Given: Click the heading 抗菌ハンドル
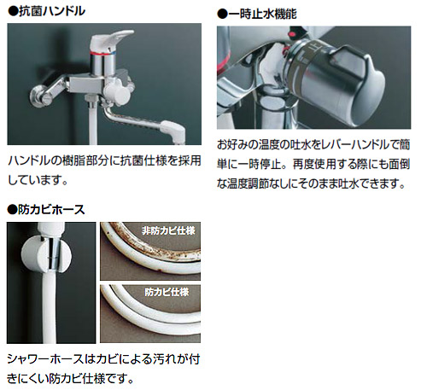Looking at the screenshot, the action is click(x=51, y=11).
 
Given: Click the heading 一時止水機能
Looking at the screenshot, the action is click(x=262, y=15).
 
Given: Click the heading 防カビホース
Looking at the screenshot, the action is click(x=51, y=210).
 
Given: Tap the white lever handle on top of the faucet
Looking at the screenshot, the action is click(x=111, y=40).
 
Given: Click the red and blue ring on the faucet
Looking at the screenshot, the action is click(x=102, y=53).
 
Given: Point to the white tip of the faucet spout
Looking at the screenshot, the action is click(x=173, y=130).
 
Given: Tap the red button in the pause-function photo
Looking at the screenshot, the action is click(x=293, y=32).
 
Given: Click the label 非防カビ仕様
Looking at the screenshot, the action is click(x=168, y=230).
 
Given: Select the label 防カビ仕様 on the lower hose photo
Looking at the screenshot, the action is click(x=167, y=292).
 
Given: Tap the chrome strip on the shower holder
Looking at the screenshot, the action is click(x=53, y=253).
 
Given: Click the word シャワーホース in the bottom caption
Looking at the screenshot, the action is click(x=45, y=359).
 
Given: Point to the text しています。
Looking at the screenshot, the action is click(x=38, y=180).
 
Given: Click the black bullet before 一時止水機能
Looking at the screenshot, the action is click(x=222, y=15).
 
